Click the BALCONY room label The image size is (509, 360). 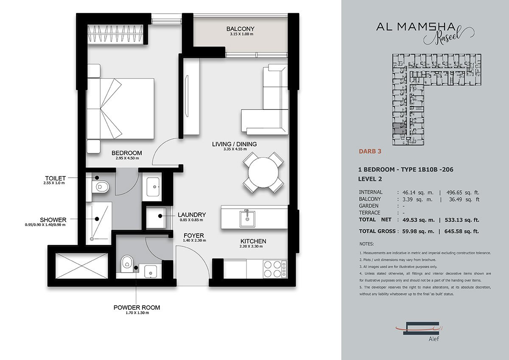point(240,29)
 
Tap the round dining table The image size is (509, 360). point(263,173)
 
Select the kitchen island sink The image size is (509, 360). point(247,218)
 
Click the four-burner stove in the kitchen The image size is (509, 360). point(275,269)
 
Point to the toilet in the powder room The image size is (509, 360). point(126,264)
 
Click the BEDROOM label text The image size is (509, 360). point(126,153)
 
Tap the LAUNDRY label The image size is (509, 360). point(192,215)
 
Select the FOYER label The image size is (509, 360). point(194,235)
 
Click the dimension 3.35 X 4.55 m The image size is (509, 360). point(235,149)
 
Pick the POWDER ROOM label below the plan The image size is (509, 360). point(137,307)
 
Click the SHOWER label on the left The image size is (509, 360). point(53,220)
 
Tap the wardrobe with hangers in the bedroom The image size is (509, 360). point(115,33)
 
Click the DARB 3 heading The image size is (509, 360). point(370,151)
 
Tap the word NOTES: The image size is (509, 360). point(366,244)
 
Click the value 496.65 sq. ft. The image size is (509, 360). point(463,193)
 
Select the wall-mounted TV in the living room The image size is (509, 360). point(187,96)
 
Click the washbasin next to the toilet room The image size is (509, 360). point(153,187)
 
